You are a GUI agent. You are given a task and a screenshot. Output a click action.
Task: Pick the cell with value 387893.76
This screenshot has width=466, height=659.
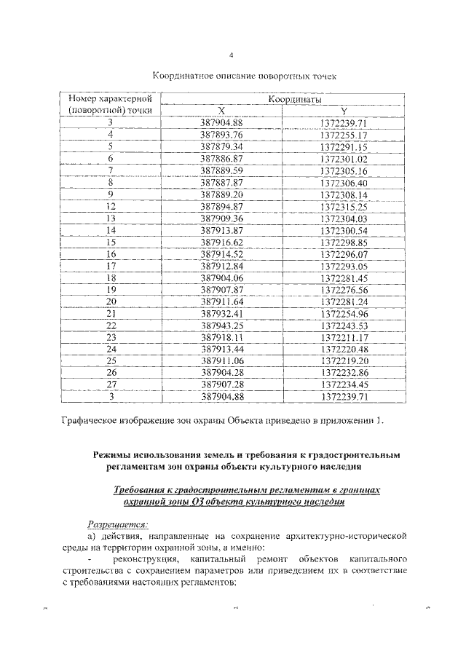221,135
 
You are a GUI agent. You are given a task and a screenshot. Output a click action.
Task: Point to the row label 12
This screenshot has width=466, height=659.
111,206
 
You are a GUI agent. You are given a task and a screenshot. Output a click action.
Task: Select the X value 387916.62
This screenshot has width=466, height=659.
221,242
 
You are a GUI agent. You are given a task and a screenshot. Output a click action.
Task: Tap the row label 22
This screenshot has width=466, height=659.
111,325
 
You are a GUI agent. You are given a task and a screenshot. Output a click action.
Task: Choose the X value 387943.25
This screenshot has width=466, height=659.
221,325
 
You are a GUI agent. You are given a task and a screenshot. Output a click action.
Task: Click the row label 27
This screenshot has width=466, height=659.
111,384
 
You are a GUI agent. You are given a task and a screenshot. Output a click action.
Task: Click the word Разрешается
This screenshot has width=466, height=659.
117,523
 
